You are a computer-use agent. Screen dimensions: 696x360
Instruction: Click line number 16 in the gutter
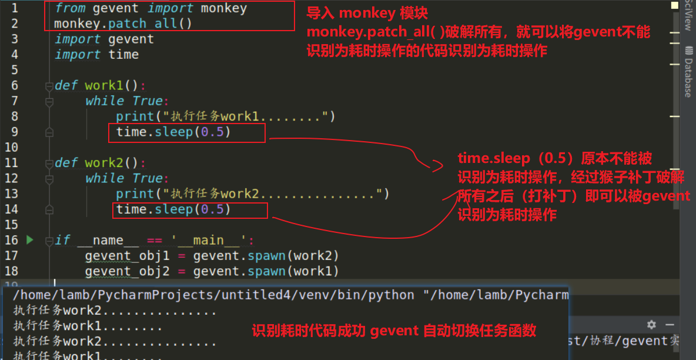pos(11,240)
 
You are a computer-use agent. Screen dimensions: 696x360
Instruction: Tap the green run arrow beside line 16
pos(30,240)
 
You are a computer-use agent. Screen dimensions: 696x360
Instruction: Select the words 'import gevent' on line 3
pos(104,39)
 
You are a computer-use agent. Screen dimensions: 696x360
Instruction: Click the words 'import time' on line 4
pos(96,55)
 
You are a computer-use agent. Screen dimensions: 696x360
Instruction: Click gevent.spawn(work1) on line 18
pos(266,271)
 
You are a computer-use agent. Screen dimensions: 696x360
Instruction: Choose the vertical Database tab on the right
pos(688,77)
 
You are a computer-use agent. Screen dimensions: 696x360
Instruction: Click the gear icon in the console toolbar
pos(651,325)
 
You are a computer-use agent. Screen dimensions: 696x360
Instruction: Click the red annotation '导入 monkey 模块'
pos(367,12)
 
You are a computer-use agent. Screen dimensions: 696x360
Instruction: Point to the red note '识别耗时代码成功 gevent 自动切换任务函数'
pos(394,331)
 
